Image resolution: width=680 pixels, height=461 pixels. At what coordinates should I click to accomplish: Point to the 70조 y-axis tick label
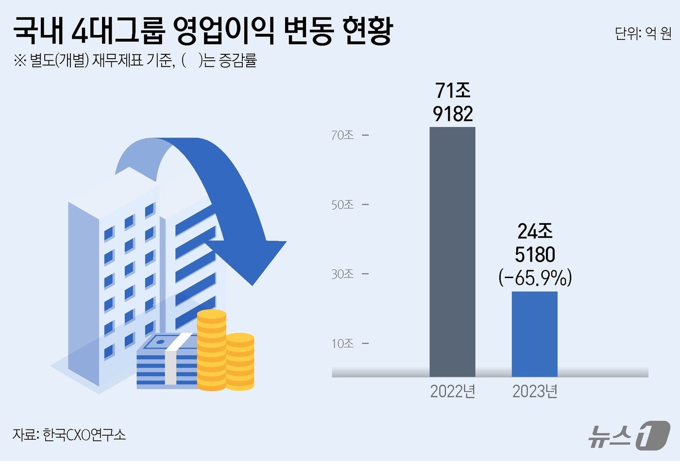click(342, 135)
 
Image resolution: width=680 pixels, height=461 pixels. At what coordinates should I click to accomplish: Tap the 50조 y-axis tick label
click(342, 205)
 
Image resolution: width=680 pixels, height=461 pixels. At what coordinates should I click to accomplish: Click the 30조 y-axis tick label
click(342, 274)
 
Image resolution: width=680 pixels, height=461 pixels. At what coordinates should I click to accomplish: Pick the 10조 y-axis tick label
click(342, 344)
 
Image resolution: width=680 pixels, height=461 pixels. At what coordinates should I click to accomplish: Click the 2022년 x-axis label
click(452, 391)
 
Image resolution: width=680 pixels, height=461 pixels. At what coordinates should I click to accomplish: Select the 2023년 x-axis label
click(534, 391)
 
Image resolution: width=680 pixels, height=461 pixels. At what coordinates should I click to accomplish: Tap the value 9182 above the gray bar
click(453, 114)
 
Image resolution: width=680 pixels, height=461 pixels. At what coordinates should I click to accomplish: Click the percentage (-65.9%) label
click(535, 278)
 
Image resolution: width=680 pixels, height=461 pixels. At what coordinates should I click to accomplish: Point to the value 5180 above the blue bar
click(535, 255)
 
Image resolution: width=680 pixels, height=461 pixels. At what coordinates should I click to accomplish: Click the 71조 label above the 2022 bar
click(453, 91)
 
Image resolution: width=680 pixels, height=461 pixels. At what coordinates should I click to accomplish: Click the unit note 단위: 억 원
click(643, 33)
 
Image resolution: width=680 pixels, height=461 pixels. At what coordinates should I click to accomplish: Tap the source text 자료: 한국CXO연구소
click(69, 434)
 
